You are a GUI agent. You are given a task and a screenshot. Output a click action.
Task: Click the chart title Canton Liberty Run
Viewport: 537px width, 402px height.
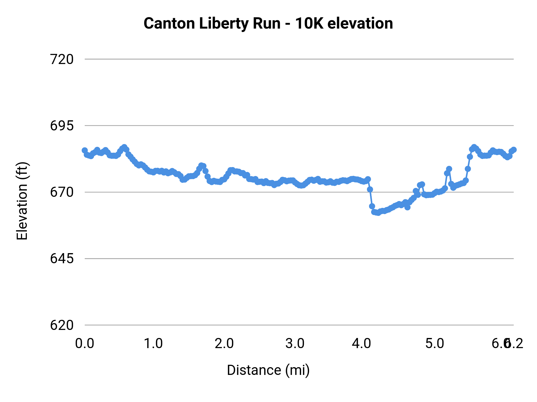tap(212, 24)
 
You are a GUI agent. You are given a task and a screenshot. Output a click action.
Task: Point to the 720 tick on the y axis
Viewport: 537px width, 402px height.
tap(62, 60)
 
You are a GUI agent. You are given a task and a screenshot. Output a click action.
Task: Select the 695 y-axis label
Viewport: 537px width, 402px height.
tap(62, 126)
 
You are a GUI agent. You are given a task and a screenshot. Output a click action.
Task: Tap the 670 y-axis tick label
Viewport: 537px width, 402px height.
tap(62, 192)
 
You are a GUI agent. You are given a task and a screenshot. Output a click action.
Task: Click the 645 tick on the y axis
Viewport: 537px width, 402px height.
tap(62, 259)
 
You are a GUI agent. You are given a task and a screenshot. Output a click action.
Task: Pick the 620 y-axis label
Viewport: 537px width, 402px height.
tap(62, 325)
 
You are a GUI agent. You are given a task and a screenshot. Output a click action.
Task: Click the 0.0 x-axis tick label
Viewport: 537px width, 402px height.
tap(85, 344)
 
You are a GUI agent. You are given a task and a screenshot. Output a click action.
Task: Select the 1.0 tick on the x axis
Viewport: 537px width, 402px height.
tap(153, 344)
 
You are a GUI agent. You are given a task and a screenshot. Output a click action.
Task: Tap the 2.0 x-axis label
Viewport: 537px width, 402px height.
tap(224, 344)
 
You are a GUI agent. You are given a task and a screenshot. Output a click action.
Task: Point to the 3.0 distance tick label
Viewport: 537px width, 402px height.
tap(295, 344)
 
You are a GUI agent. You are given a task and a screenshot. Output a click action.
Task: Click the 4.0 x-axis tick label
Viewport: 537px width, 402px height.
tap(361, 344)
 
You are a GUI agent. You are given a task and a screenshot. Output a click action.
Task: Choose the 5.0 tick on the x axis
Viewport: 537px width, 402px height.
tap(435, 344)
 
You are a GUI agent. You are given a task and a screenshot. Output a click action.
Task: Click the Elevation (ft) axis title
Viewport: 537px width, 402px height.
tap(22, 201)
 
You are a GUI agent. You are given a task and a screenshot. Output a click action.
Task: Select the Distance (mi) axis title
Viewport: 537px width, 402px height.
tap(268, 370)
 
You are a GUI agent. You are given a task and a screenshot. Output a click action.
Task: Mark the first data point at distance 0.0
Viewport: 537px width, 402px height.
tap(85, 150)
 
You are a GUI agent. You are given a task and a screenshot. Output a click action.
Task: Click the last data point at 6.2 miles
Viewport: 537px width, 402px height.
tap(513, 150)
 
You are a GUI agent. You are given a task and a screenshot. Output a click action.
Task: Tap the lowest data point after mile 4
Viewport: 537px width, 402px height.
tap(378, 213)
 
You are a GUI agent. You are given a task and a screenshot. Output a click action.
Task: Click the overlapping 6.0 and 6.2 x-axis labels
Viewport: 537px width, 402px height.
tap(507, 344)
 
